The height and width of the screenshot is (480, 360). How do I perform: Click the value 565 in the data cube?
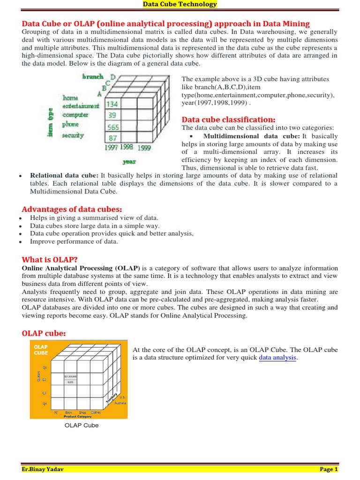(x=112, y=127)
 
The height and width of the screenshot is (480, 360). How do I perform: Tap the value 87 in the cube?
(x=112, y=138)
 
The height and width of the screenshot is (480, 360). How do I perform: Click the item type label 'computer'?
(x=76, y=115)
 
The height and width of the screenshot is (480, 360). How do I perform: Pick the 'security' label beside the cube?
(x=73, y=135)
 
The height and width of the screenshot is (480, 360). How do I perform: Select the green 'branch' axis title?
(x=93, y=76)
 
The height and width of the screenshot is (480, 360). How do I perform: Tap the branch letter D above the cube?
(x=113, y=76)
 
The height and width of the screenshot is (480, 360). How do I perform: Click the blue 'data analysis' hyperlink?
(x=278, y=358)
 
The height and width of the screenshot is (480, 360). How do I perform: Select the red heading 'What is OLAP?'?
(x=50, y=260)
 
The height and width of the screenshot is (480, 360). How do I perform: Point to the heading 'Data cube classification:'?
(x=228, y=119)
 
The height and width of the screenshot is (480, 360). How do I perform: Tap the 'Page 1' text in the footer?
(x=329, y=469)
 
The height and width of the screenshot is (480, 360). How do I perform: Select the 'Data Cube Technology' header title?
(x=180, y=4)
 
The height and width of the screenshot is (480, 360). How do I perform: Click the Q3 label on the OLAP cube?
(x=45, y=393)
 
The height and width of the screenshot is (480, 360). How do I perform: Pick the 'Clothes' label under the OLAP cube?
(x=96, y=412)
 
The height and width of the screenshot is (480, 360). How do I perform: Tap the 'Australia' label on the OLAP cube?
(x=120, y=403)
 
